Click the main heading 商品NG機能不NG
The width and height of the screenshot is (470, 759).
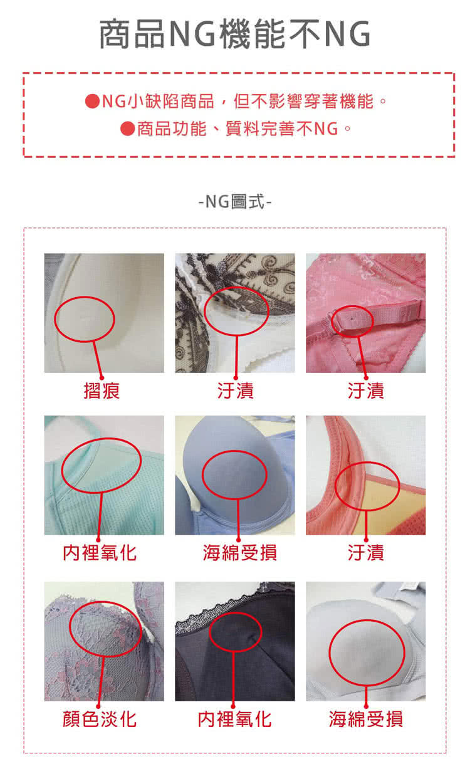(x=235, y=34)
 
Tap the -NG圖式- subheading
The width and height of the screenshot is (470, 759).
(x=235, y=202)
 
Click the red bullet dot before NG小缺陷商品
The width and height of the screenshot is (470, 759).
(x=92, y=101)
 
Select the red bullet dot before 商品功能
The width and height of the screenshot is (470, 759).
(x=127, y=128)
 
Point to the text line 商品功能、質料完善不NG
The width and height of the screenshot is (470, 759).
(x=238, y=128)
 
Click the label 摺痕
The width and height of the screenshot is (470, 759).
(x=102, y=390)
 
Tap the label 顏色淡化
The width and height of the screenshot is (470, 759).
(x=100, y=719)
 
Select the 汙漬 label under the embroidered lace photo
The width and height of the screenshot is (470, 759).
(x=235, y=390)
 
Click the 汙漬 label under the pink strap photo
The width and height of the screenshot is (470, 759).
(x=366, y=390)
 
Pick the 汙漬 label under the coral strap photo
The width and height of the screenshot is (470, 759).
(x=366, y=553)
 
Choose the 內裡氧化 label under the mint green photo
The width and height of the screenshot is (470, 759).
(x=100, y=553)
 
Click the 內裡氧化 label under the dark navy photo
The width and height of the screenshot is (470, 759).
(x=234, y=719)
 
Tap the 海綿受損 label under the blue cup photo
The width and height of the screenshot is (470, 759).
(x=239, y=553)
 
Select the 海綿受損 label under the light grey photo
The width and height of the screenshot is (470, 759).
(x=366, y=719)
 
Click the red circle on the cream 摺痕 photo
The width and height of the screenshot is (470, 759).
(x=55, y=319)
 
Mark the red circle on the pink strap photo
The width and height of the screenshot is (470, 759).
(x=332, y=322)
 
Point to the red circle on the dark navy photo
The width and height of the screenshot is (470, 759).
(x=210, y=631)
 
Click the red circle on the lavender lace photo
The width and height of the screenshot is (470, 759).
(x=70, y=629)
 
